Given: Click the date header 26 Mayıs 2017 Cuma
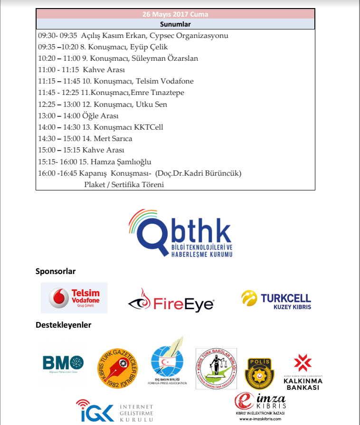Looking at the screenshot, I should (x=175, y=14).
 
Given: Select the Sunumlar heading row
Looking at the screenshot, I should (x=175, y=24).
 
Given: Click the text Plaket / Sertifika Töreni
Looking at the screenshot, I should (x=124, y=184).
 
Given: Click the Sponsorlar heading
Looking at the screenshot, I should (x=56, y=272).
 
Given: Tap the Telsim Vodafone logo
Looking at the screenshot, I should (x=75, y=298).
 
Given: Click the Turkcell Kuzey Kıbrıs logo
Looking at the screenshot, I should (x=276, y=300).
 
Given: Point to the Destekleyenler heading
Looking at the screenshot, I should (x=63, y=325).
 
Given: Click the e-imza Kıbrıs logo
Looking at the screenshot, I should (x=261, y=402).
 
